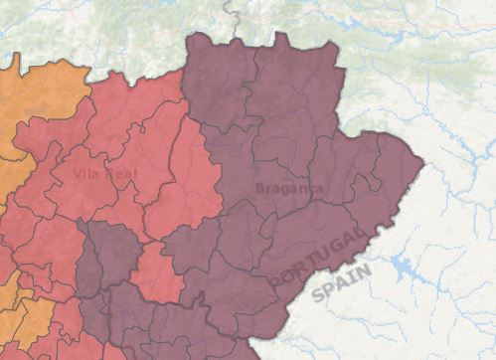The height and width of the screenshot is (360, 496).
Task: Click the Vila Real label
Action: coord(105,174)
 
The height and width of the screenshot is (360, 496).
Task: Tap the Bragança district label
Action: coord(289,188)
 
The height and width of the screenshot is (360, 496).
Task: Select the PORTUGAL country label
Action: coord(318,256)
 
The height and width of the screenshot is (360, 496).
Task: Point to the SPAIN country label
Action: coord(342,281)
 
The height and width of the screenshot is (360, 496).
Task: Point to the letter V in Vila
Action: coord(78,174)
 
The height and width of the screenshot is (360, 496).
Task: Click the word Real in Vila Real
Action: coord(122,174)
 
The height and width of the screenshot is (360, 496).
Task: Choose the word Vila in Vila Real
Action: coord(87,174)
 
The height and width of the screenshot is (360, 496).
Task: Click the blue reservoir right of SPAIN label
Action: coord(405,268)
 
